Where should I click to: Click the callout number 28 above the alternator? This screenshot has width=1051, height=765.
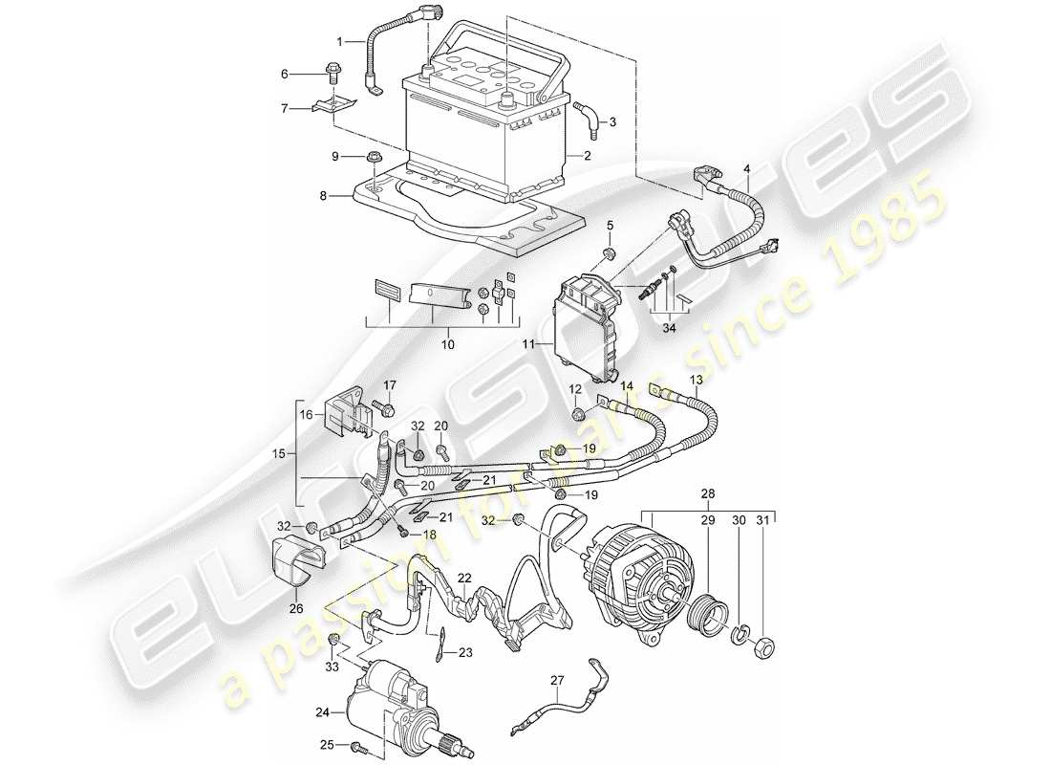coord(708,495)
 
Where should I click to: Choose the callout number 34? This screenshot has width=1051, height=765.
coord(672,330)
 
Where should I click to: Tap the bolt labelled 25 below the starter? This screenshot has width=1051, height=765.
coord(356,746)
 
